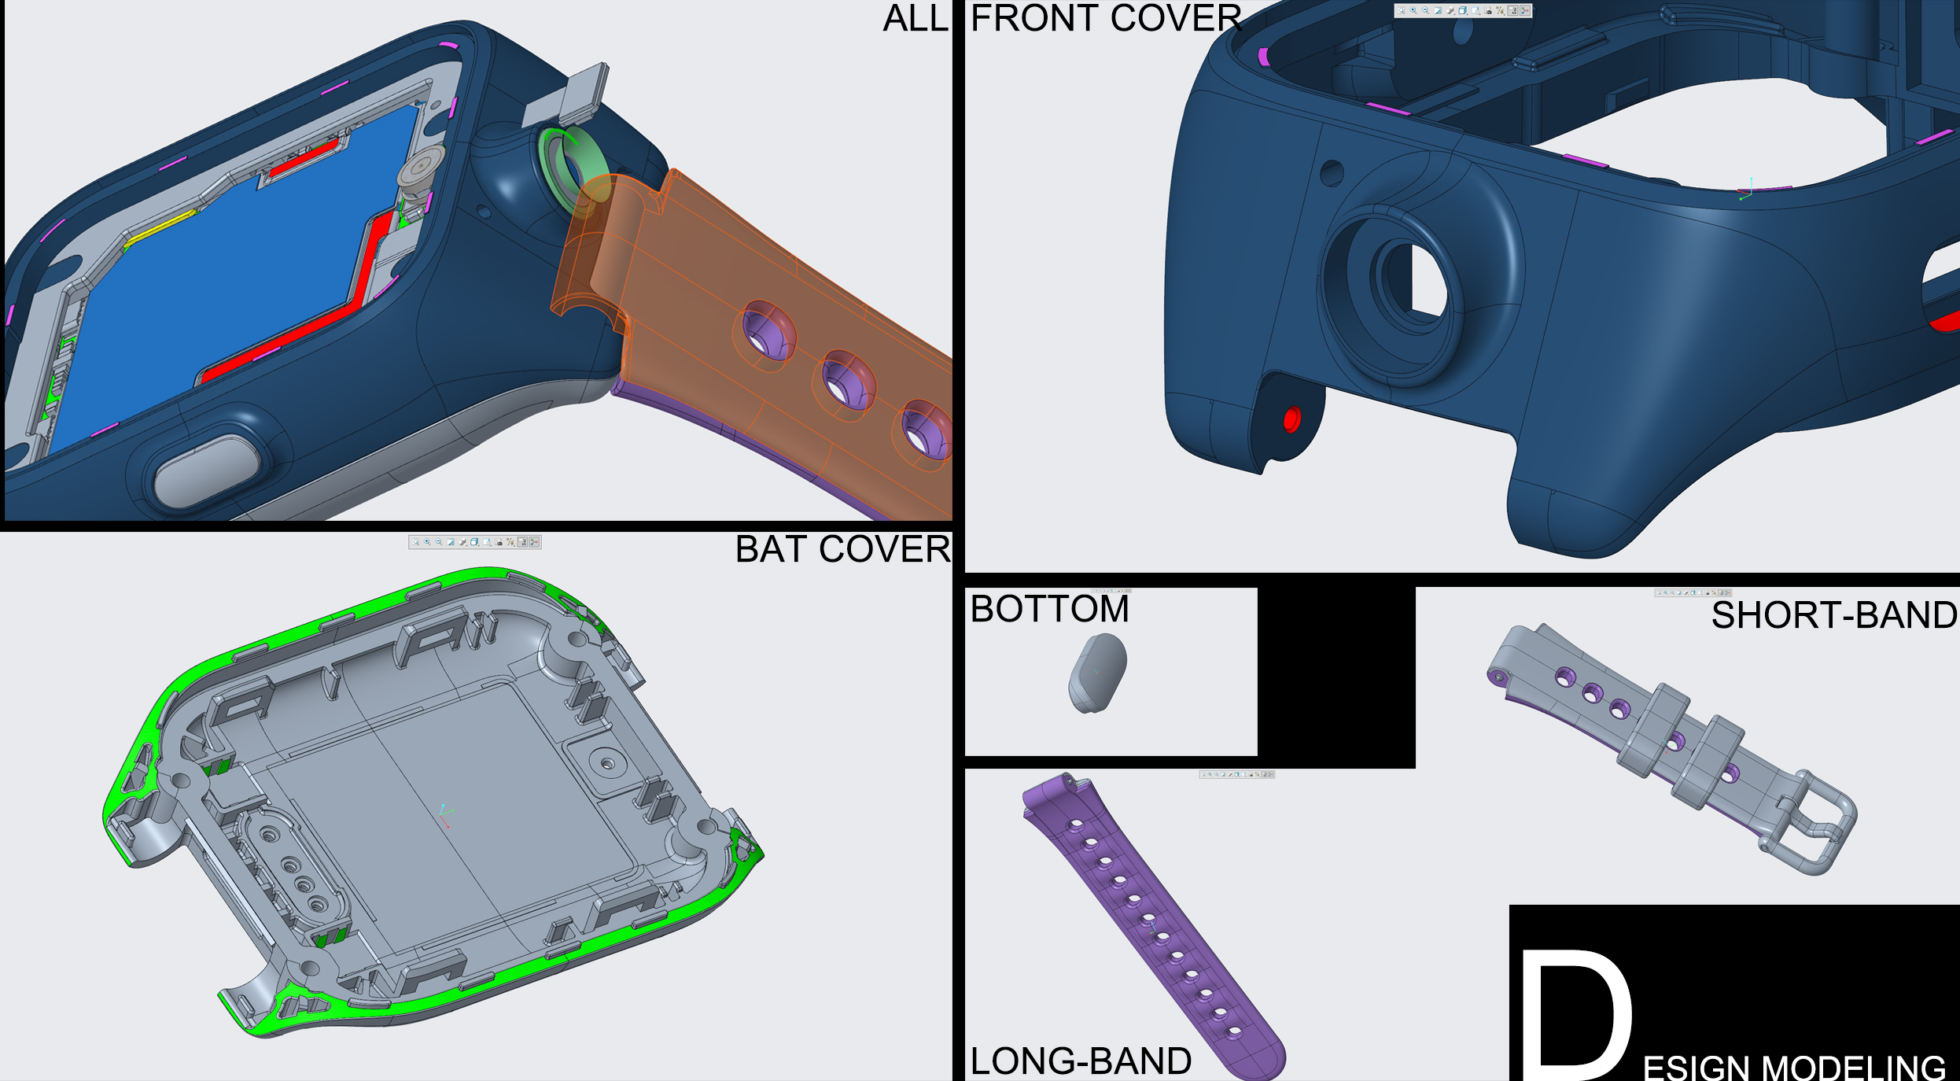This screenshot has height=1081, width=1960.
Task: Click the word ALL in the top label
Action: pos(915,19)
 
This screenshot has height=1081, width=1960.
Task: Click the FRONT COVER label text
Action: pos(1105,19)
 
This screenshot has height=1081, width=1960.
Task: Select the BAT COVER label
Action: pos(842,549)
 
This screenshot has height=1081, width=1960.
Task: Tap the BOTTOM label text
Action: pos(1049,609)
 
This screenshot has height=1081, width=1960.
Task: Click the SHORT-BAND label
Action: pos(1833,615)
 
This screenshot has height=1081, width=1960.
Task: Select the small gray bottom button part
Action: pos(1097,673)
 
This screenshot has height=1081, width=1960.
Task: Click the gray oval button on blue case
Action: pos(206,470)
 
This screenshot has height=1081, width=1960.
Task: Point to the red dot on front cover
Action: pos(1291,419)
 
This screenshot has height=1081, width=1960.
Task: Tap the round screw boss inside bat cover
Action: pos(606,762)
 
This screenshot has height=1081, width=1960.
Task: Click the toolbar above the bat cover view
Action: pos(474,542)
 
